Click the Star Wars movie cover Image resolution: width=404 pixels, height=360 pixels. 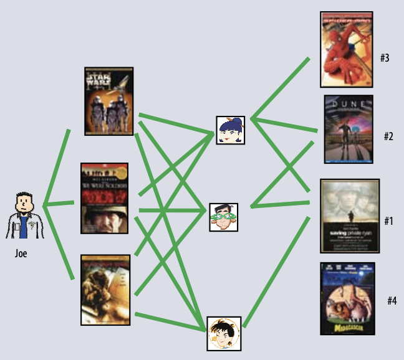[109, 101]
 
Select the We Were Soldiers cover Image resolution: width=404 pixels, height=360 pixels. [104, 198]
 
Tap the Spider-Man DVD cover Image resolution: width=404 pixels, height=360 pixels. [346, 49]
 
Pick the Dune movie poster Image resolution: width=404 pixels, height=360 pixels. [348, 130]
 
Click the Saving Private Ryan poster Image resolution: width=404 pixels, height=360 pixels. [349, 216]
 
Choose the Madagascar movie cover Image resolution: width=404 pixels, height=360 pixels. [347, 298]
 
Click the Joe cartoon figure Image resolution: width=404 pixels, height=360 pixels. [24, 216]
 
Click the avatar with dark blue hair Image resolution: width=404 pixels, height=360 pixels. [230, 130]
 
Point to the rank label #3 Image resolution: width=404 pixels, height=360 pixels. [385, 59]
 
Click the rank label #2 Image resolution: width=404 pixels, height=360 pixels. [388, 136]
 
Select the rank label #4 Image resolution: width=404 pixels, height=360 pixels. [391, 301]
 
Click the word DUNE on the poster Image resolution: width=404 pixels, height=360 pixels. [348, 104]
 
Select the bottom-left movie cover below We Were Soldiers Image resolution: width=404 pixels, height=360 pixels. [105, 290]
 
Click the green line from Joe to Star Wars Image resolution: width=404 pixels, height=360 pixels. [56, 167]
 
